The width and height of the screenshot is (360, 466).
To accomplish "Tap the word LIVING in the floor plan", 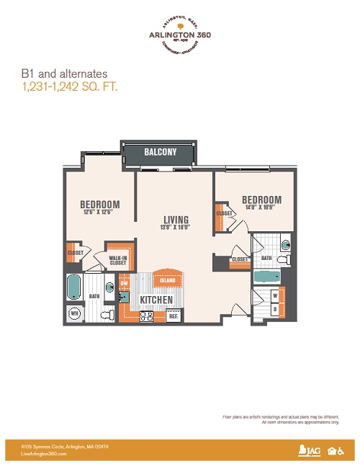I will click(x=175, y=220).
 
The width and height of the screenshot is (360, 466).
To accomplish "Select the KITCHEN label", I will click(x=155, y=299).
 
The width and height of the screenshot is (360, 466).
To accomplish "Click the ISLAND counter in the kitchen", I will click(x=167, y=281).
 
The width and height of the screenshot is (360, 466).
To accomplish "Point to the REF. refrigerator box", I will click(x=174, y=315).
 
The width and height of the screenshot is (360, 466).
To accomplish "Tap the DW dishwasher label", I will click(x=124, y=283).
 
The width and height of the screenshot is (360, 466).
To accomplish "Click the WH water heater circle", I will click(x=74, y=313).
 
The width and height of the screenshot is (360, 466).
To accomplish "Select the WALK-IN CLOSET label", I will click(x=118, y=260).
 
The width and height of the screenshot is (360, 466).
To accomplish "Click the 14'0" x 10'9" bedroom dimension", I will click(x=261, y=207).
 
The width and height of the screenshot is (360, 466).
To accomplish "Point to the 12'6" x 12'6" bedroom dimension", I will click(x=99, y=212).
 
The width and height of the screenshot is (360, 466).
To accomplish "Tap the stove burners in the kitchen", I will click(x=146, y=315).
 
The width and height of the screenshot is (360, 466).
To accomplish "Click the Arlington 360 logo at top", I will click(x=180, y=35).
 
